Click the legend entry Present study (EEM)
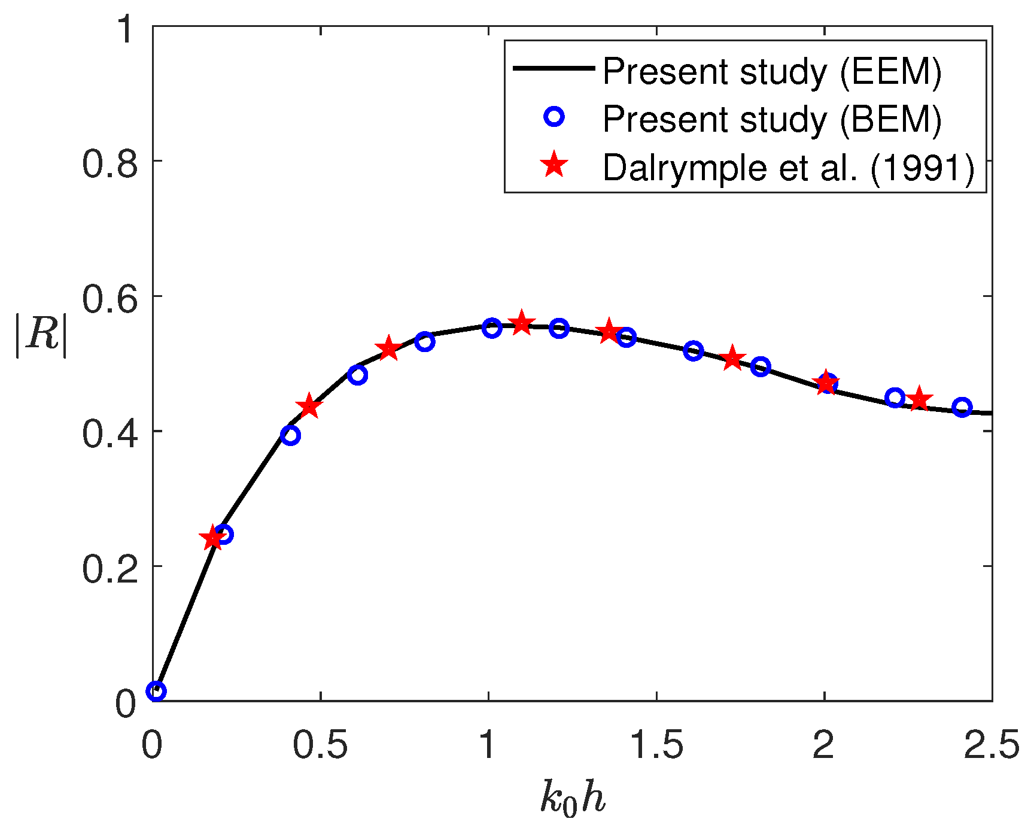coord(772,72)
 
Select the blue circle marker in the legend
coord(554,116)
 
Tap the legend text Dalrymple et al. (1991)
coord(789,168)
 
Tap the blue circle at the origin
coord(156,691)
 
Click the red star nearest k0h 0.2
coord(212,538)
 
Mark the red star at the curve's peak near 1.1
coord(521,323)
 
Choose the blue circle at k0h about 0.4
coord(290,435)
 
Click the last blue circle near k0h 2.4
coord(962,408)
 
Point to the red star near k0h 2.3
coord(919,399)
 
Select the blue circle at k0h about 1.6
coord(693,351)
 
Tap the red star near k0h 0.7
coord(389,348)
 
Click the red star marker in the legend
coord(554,165)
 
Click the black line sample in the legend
coord(554,69)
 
